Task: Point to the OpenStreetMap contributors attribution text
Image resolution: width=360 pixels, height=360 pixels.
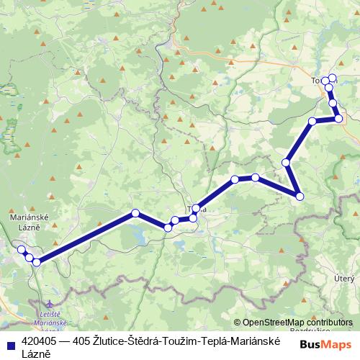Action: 297,323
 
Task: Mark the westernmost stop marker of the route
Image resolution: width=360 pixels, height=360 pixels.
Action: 22,249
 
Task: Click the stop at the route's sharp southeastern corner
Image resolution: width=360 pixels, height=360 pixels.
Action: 300,196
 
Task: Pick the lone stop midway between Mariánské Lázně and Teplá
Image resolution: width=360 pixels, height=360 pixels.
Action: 135,212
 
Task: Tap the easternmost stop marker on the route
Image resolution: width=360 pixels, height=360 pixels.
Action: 338,119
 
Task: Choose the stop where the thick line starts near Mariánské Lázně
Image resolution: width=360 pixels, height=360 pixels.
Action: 36,261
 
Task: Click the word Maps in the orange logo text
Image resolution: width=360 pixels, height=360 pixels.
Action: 338,344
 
